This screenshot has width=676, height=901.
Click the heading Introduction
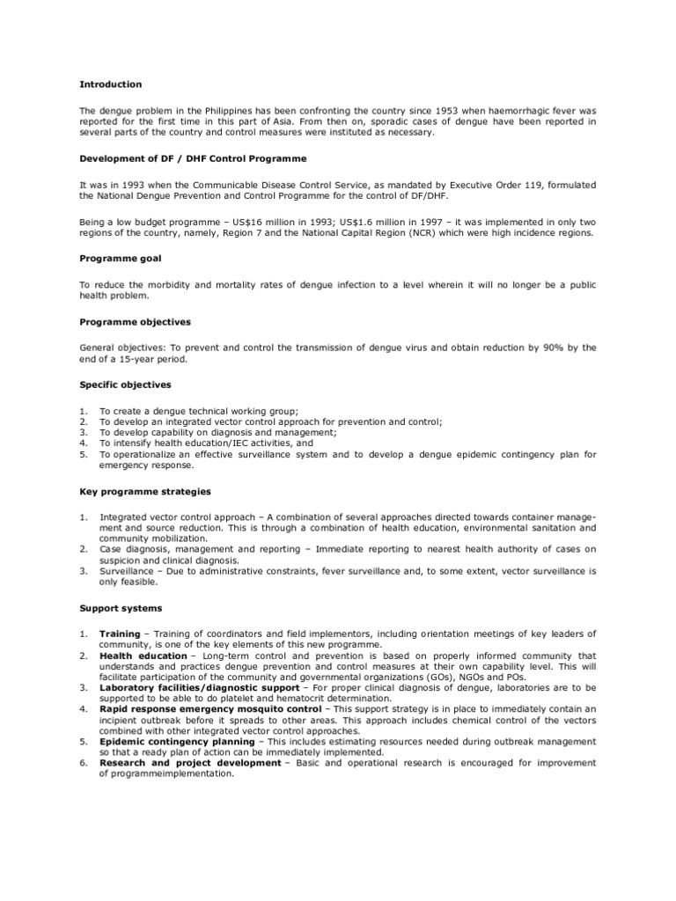pyautogui.click(x=110, y=84)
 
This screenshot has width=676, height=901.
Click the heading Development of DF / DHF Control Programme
pyautogui.click(x=194, y=158)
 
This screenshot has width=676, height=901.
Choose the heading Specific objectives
pyautogui.click(x=125, y=385)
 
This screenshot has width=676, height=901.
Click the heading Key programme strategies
pyautogui.click(x=145, y=491)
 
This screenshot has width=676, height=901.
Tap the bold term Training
pyautogui.click(x=120, y=634)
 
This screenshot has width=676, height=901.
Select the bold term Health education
pyautogui.click(x=143, y=656)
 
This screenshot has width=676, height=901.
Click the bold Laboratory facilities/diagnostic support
pyautogui.click(x=199, y=687)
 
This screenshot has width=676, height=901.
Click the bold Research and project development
pyautogui.click(x=190, y=763)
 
